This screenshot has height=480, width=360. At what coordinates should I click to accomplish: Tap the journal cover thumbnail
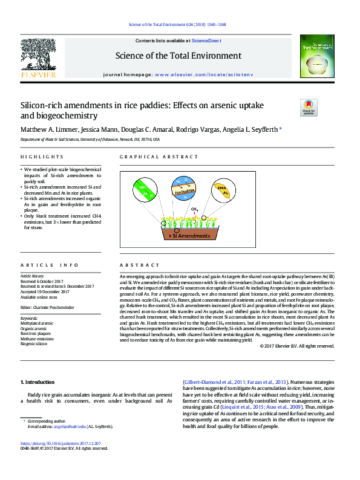coord(319,56)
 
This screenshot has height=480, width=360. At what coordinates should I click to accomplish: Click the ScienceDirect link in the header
coord(206,41)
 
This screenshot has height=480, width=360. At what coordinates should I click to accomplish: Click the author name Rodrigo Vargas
coord(201,130)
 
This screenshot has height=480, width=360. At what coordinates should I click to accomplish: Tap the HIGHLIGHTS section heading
coord(38,157)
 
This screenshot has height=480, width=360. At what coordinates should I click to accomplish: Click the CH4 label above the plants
coord(194,209)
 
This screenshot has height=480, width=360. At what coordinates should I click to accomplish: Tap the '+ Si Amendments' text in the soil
coord(188,236)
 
